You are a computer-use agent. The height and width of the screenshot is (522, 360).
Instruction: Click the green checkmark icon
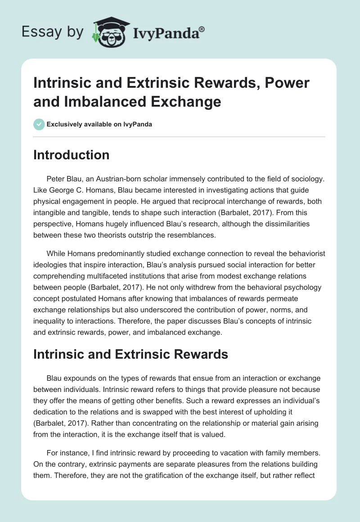39,124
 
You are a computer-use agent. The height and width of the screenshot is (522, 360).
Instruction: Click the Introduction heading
72,155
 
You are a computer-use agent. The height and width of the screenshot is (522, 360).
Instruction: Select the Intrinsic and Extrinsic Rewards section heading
131,354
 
